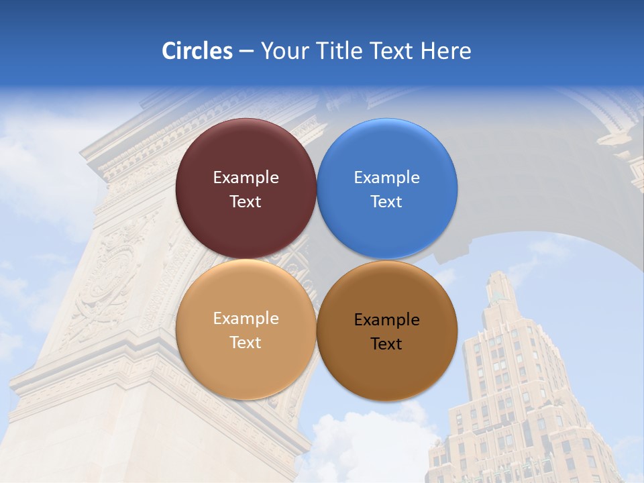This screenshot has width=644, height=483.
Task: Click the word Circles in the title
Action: pos(197,51)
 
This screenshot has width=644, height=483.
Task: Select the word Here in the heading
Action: pos(446,51)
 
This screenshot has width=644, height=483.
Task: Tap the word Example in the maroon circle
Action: pos(246,178)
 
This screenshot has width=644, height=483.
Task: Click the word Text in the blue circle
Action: pos(386,202)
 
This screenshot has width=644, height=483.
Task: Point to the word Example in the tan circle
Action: pos(246,319)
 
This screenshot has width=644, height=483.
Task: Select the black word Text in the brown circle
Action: pos(386,344)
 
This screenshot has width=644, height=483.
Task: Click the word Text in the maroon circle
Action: pos(246,202)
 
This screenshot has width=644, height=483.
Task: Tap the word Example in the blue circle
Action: pos(387,178)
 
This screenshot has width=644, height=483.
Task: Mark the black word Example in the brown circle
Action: pos(387,320)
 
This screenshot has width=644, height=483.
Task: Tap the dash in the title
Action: pos(246,52)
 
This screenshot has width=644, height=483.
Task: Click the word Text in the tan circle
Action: pos(246,343)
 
